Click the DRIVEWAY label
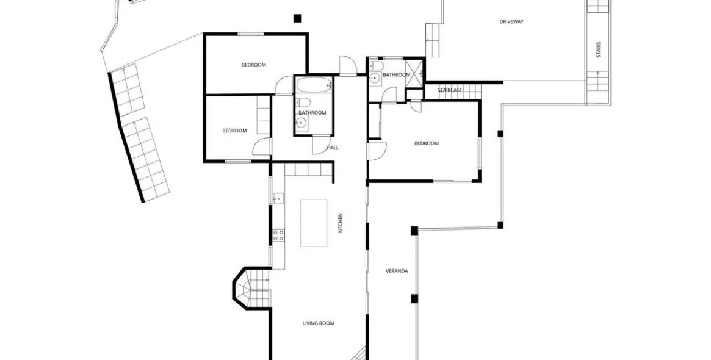pyautogui.click(x=511, y=21)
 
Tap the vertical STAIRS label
pyautogui.click(x=598, y=49)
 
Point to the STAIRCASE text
pyautogui.click(x=450, y=90)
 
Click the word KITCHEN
pyautogui.click(x=341, y=223)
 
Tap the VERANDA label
pyautogui.click(x=397, y=271)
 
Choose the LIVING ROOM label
pyautogui.click(x=319, y=323)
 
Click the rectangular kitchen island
pyautogui.click(x=314, y=223)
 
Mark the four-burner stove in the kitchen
pyautogui.click(x=278, y=235)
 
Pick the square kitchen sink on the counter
pyautogui.click(x=278, y=198)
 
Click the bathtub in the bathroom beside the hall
pyautogui.click(x=314, y=85)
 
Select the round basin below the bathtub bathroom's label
pyautogui.click(x=301, y=123)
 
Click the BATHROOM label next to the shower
pyautogui.click(x=396, y=75)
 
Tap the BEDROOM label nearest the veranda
pyautogui.click(x=427, y=143)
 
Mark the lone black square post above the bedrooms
pyautogui.click(x=297, y=18)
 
